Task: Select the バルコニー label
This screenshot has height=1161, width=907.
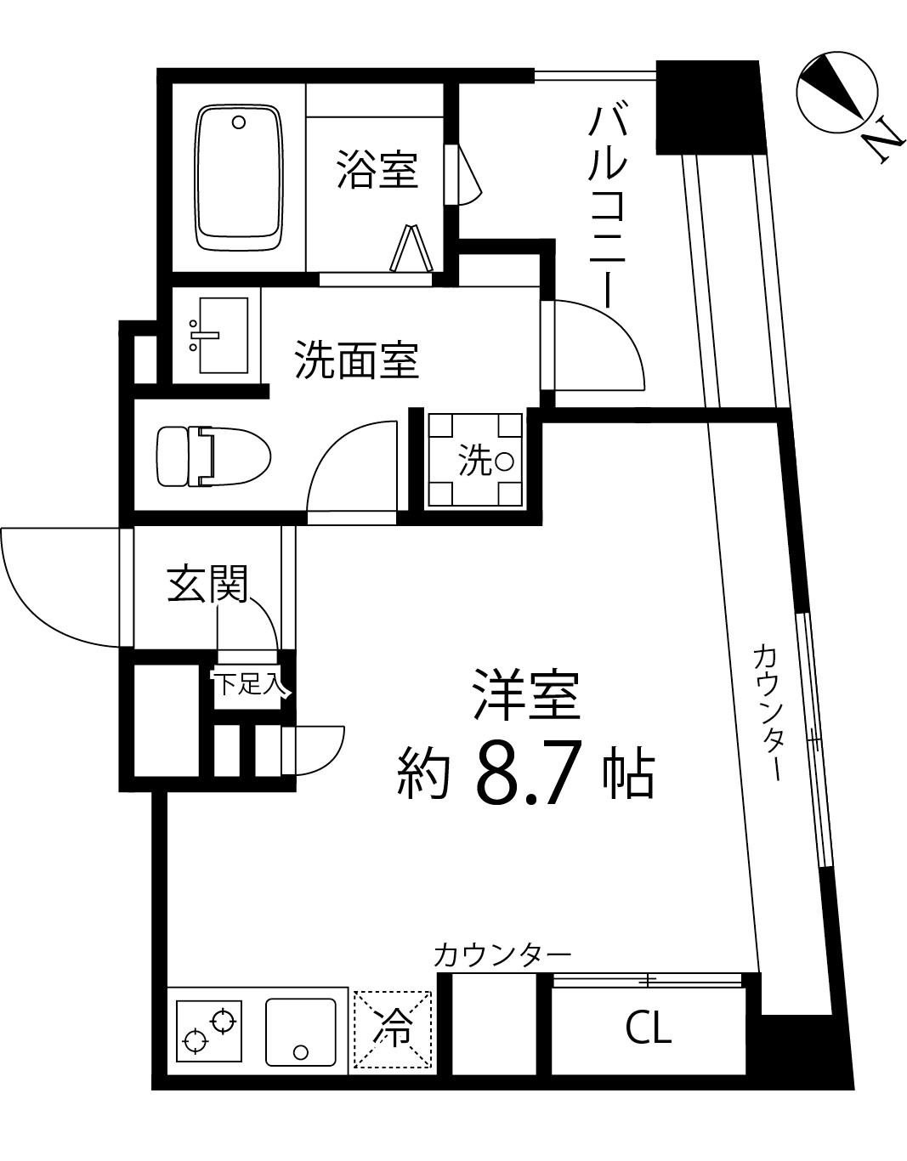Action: [609, 207]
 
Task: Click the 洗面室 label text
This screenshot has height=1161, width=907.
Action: [356, 360]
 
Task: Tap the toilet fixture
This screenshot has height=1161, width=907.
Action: [213, 456]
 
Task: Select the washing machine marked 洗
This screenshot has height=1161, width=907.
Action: [474, 460]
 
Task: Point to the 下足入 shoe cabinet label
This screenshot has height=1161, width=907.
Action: [247, 684]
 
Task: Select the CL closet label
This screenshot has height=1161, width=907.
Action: [649, 1028]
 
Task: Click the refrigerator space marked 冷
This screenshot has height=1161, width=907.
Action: [393, 1028]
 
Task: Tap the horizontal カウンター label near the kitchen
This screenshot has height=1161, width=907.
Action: [502, 955]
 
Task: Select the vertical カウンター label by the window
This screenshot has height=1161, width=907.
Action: [767, 712]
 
